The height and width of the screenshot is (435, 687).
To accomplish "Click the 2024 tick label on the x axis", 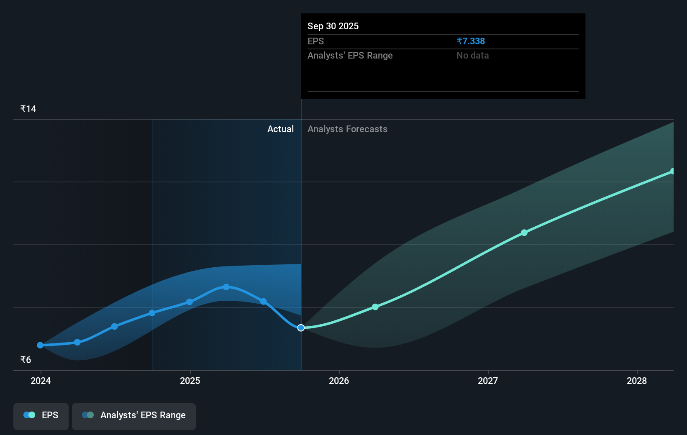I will click(41, 381).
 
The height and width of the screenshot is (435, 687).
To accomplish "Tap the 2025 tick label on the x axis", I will click(190, 381).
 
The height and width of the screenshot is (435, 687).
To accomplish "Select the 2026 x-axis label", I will click(339, 381).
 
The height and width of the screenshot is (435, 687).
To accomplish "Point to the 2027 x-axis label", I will click(488, 381).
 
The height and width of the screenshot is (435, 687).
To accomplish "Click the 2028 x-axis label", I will click(637, 381).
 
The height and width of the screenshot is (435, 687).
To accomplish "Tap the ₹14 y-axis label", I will click(28, 109).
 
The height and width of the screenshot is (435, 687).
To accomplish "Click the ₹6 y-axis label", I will click(26, 360).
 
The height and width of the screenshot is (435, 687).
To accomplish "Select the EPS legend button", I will click(41, 415).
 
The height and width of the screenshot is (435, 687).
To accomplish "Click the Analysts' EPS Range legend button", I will click(134, 415).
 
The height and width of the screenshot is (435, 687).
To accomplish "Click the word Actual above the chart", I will click(280, 129).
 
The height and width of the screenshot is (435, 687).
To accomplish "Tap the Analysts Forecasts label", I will click(347, 129).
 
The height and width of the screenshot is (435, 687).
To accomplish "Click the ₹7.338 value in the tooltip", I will click(471, 41).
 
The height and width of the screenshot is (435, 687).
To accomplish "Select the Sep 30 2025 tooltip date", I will click(333, 26).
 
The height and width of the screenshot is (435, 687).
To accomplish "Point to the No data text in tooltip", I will click(472, 56).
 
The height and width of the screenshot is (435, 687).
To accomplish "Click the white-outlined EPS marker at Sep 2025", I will click(301, 328).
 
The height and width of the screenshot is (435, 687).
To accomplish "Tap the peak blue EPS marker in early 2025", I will click(226, 287).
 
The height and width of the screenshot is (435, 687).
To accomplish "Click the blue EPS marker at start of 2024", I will click(40, 345).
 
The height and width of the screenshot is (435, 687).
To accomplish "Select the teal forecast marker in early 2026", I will click(375, 307).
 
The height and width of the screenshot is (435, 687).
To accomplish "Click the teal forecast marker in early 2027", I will click(524, 233).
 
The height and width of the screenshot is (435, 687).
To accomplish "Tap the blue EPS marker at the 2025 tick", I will click(190, 302).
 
